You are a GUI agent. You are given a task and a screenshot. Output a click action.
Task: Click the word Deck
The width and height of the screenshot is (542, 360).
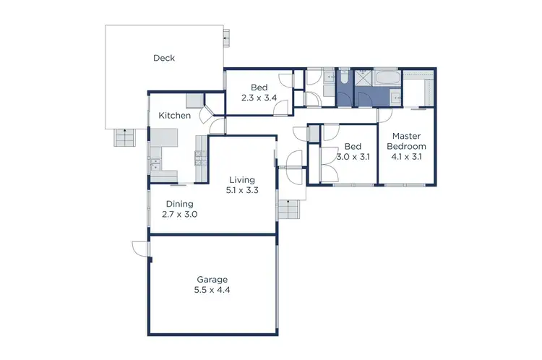pyautogui.click(x=164, y=58)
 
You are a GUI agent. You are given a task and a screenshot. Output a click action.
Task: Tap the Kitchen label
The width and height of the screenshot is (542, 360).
pyautogui.click(x=174, y=116)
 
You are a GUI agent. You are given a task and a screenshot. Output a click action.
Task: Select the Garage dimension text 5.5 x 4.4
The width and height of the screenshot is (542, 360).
pyautogui.click(x=212, y=290)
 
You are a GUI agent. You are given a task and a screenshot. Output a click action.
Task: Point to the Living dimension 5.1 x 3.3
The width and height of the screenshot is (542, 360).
pyautogui.click(x=242, y=190)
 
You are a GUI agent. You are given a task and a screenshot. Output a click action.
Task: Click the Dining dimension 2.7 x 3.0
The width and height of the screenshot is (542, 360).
pyautogui.click(x=178, y=215)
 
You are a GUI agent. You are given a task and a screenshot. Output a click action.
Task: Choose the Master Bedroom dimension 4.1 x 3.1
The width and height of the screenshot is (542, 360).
pyautogui.click(x=408, y=156)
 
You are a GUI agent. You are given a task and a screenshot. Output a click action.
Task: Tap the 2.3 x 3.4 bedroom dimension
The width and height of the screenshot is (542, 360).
pyautogui.click(x=259, y=98)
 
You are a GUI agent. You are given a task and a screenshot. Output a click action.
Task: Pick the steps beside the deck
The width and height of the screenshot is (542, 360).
pyautogui.click(x=124, y=137)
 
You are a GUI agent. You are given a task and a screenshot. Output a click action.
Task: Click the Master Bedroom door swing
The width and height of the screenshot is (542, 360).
pyautogui.click(x=384, y=116)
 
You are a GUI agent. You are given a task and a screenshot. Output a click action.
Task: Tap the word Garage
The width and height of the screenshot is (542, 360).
pyautogui.click(x=212, y=279)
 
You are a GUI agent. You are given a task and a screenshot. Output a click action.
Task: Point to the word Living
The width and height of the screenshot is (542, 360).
pyautogui.click(x=242, y=179)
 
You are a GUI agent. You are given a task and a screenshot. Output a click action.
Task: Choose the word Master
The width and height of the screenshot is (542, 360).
pyautogui.click(x=408, y=135)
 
